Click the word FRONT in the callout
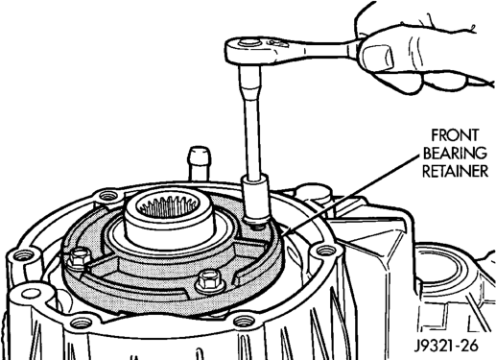(x=455, y=135)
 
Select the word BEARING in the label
(x=455, y=154)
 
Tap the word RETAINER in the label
(x=456, y=171)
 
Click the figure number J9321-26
(x=446, y=346)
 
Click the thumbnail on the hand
(x=377, y=58)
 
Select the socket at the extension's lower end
(x=255, y=201)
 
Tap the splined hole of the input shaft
(x=168, y=206)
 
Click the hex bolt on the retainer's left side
(x=78, y=257)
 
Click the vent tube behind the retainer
(x=200, y=163)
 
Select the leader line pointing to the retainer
(x=350, y=195)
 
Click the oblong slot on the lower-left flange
(x=29, y=293)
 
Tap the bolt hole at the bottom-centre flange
(x=244, y=321)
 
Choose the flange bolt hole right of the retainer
(x=326, y=250)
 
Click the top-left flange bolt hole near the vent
(x=108, y=195)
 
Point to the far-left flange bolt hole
(x=23, y=255)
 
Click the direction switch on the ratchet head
(x=273, y=42)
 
